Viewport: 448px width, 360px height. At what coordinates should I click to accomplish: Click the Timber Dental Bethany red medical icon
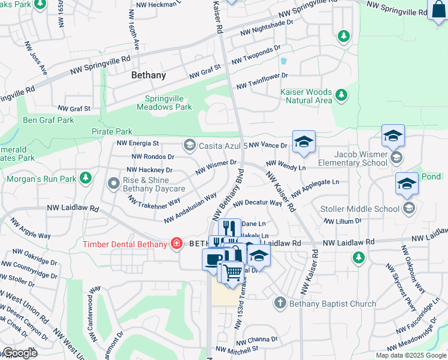176,244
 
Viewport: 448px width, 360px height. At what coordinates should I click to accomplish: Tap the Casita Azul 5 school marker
189,145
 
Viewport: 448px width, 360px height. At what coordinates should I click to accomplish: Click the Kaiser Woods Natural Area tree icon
341,95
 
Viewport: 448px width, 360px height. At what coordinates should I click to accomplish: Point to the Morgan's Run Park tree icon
86,178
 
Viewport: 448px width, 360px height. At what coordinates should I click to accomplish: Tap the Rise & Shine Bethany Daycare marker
113,182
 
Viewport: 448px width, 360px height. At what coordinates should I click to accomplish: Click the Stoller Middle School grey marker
409,208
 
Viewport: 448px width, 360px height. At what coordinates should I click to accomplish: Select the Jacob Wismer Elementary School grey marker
396,157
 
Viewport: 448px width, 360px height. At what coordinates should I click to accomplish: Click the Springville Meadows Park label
168,103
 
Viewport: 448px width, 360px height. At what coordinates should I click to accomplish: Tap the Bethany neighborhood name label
148,76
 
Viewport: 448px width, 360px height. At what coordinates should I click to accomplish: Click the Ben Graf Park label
49,120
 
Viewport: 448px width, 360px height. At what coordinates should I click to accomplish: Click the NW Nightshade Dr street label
266,31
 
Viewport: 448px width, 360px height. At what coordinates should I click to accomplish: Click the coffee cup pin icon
213,259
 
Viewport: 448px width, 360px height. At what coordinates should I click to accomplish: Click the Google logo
19,353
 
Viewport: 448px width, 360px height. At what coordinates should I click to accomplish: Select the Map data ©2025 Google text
410,355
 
